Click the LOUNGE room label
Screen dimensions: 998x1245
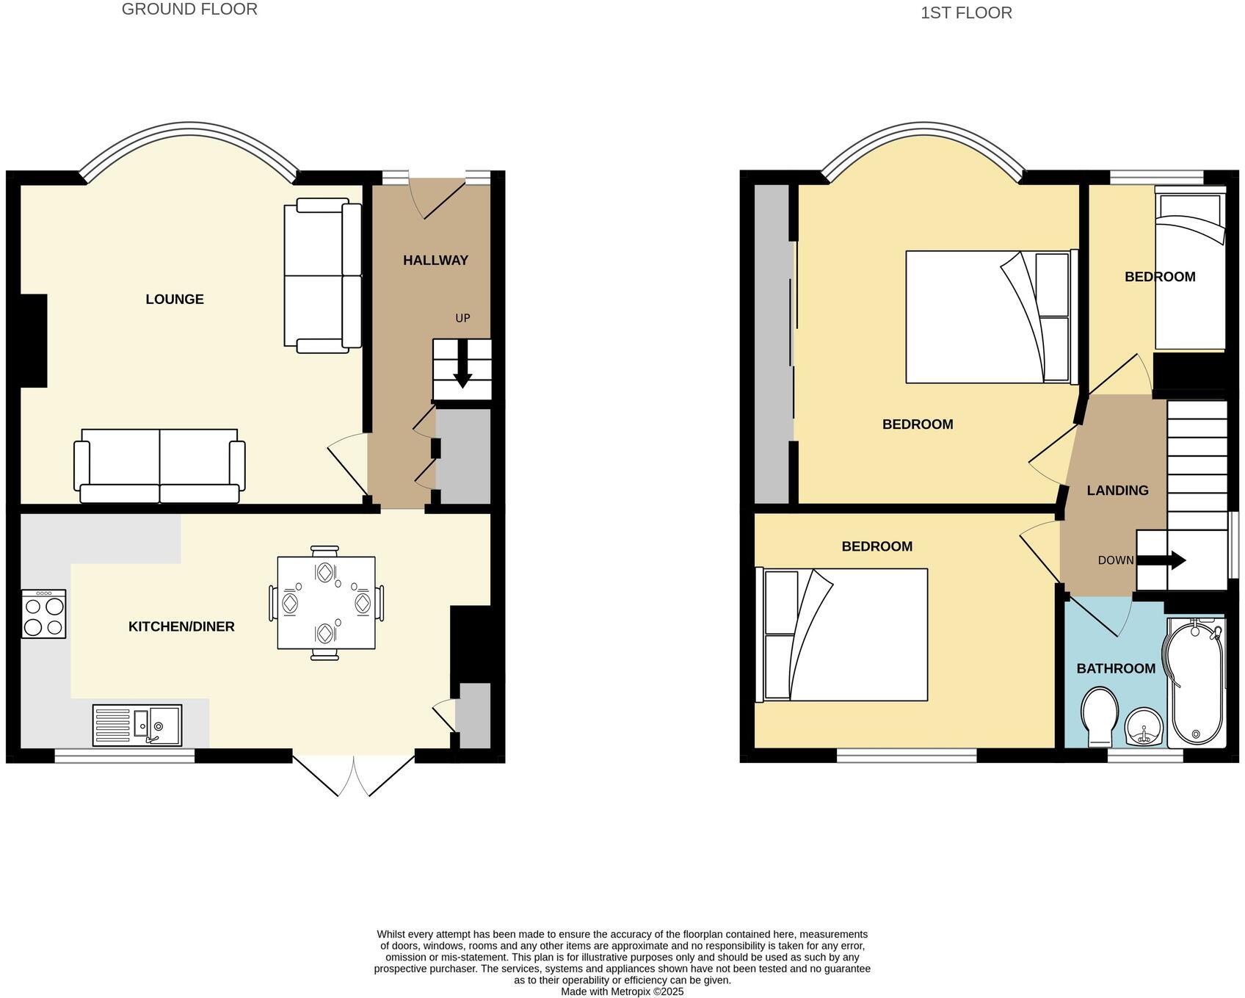pyautogui.click(x=175, y=299)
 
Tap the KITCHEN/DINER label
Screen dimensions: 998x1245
pyautogui.click(x=181, y=626)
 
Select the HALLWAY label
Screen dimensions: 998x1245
pyautogui.click(x=435, y=260)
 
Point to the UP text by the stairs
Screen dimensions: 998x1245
pyautogui.click(x=462, y=318)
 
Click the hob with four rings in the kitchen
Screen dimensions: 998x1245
pyautogui.click(x=43, y=614)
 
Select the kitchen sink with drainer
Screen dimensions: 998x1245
pyautogui.click(x=137, y=725)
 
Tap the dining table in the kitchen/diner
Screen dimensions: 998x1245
pyautogui.click(x=326, y=603)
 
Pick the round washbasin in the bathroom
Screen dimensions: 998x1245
pyautogui.click(x=1144, y=727)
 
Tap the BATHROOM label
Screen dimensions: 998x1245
pyautogui.click(x=1116, y=668)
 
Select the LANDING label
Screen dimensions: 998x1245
pyautogui.click(x=1117, y=491)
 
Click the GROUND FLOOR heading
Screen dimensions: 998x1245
pyautogui.click(x=189, y=10)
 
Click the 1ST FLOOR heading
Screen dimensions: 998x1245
pyautogui.click(x=966, y=12)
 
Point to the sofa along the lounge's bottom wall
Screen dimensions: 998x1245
pyautogui.click(x=159, y=466)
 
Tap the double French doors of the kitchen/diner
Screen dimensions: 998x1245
pyautogui.click(x=353, y=775)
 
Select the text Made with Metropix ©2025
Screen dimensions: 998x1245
pyautogui.click(x=622, y=991)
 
